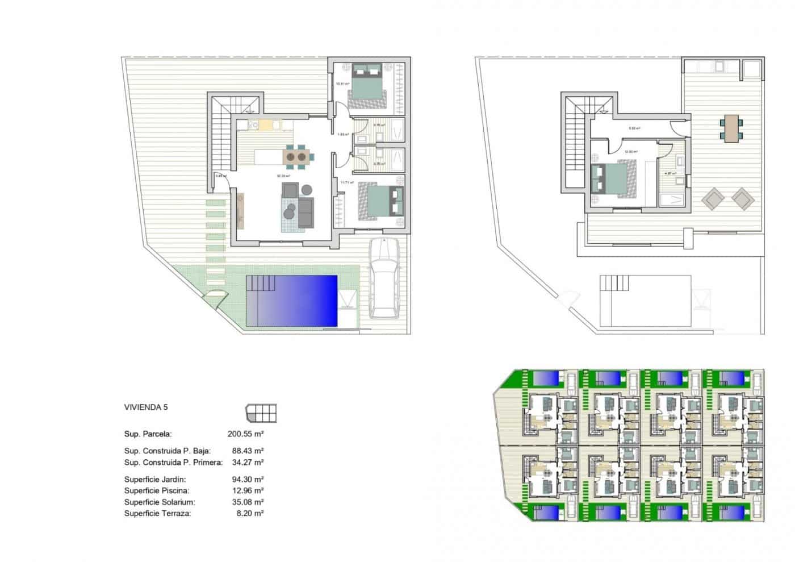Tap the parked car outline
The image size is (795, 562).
tap(384, 278)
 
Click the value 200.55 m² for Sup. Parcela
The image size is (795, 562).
tap(245, 434)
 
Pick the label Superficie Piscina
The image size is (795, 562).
tap(157, 490)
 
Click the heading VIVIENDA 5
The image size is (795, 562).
tap(146, 407)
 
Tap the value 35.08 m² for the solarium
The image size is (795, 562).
tap(245, 502)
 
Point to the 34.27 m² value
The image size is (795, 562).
tap(245, 462)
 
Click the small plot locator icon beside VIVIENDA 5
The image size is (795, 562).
tap(261, 413)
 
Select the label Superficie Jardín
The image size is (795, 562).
tap(155, 479)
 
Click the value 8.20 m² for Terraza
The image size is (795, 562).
tap(248, 513)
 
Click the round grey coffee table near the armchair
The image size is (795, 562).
tap(307, 189)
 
